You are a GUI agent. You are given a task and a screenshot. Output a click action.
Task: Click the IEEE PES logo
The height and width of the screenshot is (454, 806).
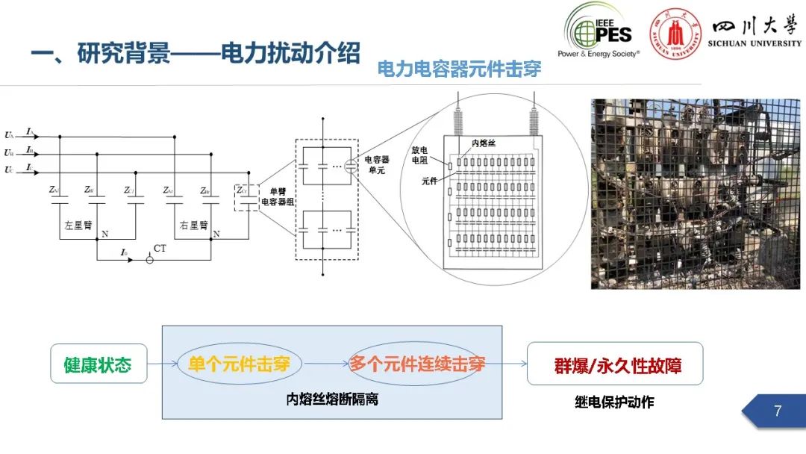tap(598, 30)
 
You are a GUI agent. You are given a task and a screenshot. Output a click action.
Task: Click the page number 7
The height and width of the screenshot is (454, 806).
tap(778, 411)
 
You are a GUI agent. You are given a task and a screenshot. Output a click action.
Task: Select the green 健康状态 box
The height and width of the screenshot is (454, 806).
tap(98, 364)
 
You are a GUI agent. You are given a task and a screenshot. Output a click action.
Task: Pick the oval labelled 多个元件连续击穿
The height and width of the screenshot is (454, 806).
tap(416, 364)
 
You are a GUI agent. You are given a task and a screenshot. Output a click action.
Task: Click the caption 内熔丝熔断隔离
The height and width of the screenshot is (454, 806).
tap(332, 399)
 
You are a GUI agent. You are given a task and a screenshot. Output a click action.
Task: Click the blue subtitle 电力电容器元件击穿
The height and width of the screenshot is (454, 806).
tap(459, 69)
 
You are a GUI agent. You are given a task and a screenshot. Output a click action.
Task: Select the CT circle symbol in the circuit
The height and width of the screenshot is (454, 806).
tap(150, 259)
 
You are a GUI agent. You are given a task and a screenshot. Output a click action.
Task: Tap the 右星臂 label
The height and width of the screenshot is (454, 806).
tap(193, 224)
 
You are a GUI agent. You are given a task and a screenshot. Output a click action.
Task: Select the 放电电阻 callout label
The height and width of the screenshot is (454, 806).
tap(420, 155)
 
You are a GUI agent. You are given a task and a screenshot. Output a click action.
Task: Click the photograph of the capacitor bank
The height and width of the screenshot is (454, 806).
tap(696, 194)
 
